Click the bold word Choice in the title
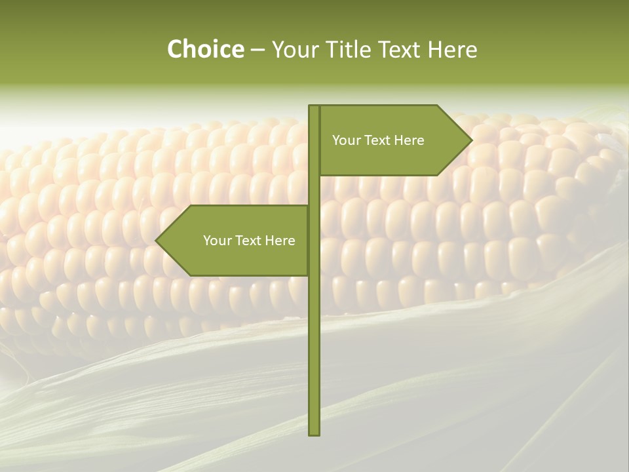click(x=205, y=50)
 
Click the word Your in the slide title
click(x=295, y=50)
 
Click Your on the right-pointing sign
click(x=346, y=140)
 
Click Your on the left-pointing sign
click(x=217, y=241)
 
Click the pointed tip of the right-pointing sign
click(x=471, y=140)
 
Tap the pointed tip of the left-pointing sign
click(x=157, y=241)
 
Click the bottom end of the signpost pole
click(x=314, y=433)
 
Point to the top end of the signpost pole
click(x=314, y=107)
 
